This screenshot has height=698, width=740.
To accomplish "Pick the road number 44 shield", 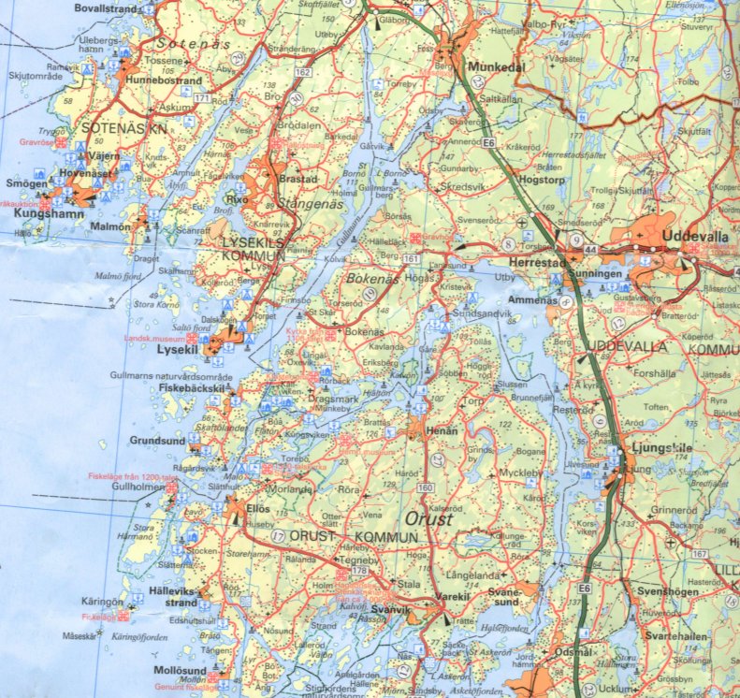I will click(x=591, y=250).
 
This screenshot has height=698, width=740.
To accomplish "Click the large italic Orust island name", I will click(x=429, y=518).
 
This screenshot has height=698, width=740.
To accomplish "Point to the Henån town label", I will click(x=443, y=429).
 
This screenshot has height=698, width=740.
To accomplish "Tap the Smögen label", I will click(x=26, y=184).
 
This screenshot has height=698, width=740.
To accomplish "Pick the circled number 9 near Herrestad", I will click(x=561, y=240).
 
